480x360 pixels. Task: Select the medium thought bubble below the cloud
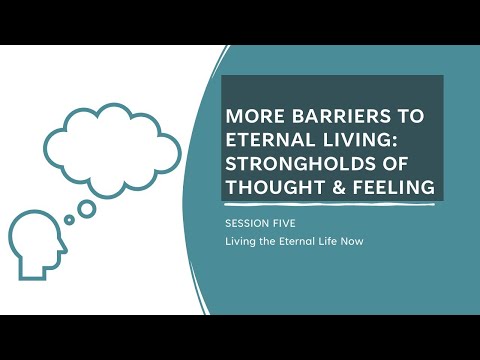[87, 207]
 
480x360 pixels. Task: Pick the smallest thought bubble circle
[69, 220]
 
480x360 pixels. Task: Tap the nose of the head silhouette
[64, 246]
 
